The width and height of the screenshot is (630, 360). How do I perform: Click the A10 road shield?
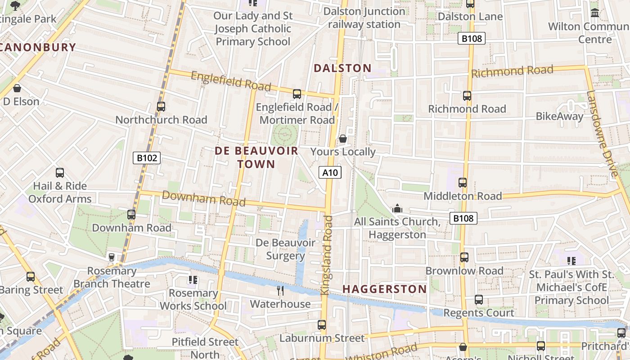click(330, 172)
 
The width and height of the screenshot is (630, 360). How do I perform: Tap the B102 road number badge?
click(147, 158)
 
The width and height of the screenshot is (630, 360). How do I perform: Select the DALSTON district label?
click(342, 68)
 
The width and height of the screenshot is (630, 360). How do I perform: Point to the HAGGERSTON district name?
click(385, 289)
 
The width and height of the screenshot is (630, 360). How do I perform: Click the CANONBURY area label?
click(38, 47)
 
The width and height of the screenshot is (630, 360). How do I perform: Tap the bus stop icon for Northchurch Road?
click(161, 107)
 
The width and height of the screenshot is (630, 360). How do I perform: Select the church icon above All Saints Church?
click(397, 209)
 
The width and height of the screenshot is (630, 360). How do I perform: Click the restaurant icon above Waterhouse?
click(280, 291)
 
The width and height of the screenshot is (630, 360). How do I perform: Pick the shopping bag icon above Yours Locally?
click(343, 139)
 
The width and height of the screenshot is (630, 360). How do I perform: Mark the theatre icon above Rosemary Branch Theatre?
click(112, 257)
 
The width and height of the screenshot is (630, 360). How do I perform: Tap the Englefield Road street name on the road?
click(231, 81)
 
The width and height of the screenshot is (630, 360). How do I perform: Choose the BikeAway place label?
click(559, 116)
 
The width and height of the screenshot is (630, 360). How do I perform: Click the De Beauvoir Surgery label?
click(285, 249)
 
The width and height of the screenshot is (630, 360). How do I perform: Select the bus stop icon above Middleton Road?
click(463, 183)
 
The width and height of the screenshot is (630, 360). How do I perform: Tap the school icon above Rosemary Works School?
click(193, 280)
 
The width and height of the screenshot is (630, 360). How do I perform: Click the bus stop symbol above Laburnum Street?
click(322, 324)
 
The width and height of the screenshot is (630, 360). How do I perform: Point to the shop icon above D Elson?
click(17, 88)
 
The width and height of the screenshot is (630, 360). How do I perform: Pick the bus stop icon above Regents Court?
click(479, 300)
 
